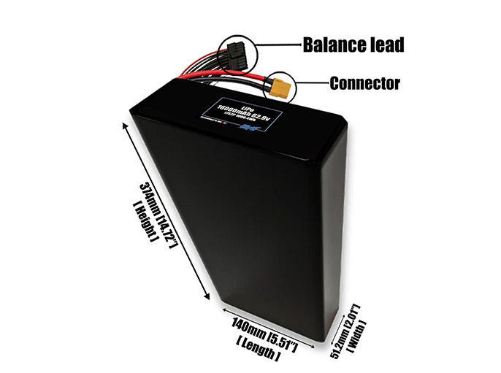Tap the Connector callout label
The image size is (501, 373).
pos(364,83)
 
